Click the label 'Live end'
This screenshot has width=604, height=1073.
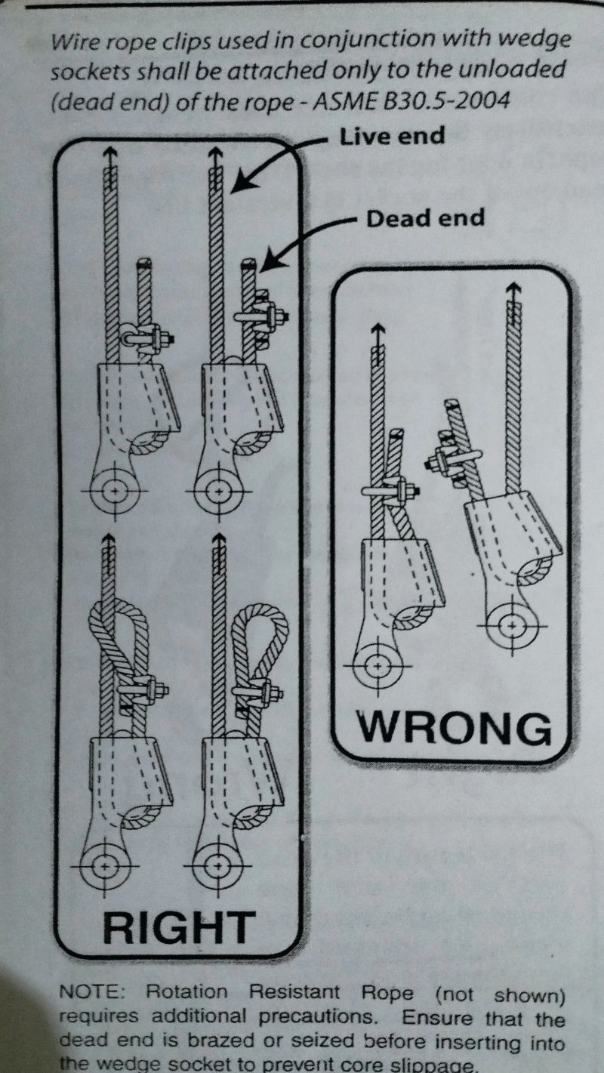[392, 136]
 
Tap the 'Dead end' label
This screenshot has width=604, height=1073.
[425, 218]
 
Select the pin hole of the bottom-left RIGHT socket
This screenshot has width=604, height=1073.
[105, 864]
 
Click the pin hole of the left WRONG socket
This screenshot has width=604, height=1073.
[378, 666]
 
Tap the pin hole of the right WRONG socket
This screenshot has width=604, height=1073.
[513, 625]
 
